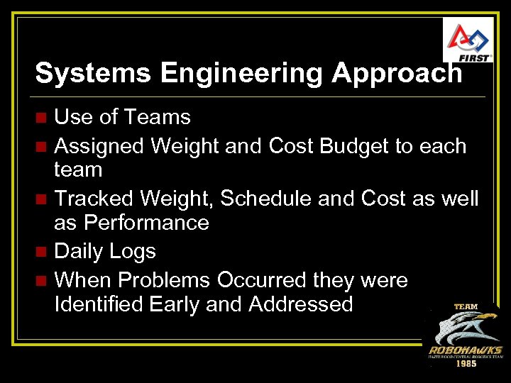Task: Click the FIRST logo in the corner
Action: [x=467, y=40]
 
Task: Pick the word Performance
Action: [x=146, y=223]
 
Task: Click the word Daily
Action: [x=79, y=251]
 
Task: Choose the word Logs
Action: [x=133, y=251]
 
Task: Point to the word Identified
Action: [x=99, y=304]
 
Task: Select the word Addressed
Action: [x=300, y=304]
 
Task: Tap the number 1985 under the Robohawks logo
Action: [x=466, y=363]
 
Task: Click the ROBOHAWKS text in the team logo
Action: [x=465, y=350]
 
